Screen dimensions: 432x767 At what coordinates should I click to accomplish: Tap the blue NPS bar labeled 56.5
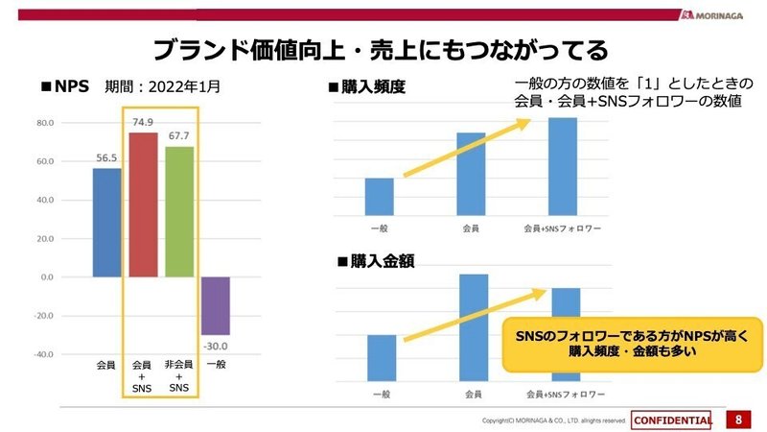[x=106, y=222]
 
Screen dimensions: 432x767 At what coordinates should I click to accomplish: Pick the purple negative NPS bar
[x=216, y=305]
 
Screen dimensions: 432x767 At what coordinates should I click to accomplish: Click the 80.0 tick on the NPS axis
[x=44, y=123]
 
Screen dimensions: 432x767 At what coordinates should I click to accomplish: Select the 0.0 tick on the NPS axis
[x=46, y=276]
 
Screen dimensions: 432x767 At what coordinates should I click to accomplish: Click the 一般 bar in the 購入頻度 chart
[x=380, y=196]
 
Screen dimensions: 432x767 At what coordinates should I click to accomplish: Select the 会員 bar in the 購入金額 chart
[x=474, y=327]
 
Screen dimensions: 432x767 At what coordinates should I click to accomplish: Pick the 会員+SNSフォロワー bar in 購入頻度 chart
[x=563, y=166]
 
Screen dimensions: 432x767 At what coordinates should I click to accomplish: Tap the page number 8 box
[x=737, y=420]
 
